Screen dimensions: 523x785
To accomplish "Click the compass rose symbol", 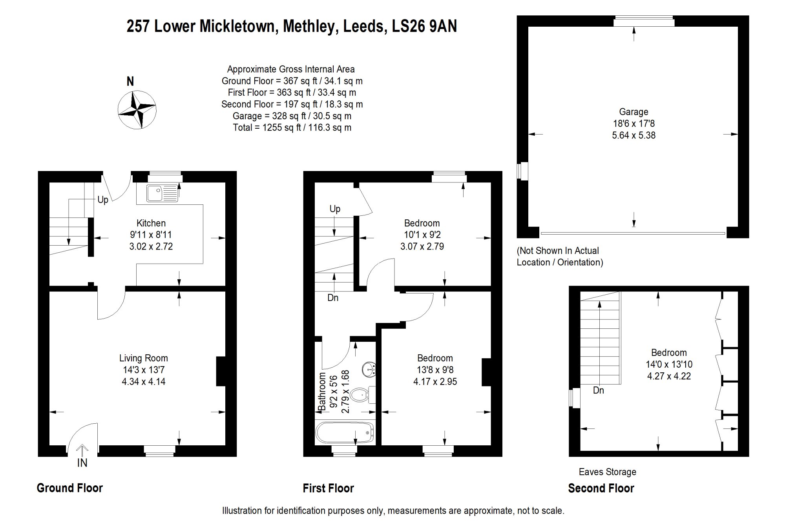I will [137, 109].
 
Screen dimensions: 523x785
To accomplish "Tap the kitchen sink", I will [162, 193].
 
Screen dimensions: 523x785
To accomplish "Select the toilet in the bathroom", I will [360, 394].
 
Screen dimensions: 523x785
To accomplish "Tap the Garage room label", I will [633, 112].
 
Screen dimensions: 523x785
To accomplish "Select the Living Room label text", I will [143, 358].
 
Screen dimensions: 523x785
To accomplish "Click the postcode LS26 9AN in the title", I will [424, 26].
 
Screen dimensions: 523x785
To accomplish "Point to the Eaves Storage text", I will [607, 472].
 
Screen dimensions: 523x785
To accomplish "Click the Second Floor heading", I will [601, 488].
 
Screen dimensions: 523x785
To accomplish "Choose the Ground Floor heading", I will [70, 488].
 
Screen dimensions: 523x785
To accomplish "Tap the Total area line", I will [292, 128].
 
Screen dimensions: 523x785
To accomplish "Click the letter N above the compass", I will [130, 81].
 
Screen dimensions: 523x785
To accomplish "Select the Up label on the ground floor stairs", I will [103, 200].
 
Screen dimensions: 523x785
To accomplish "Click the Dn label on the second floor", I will [598, 390].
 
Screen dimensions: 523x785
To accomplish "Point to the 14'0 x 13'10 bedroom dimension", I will [669, 364].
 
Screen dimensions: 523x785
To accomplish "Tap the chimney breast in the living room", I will [221, 371].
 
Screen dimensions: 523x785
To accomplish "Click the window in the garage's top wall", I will [644, 21].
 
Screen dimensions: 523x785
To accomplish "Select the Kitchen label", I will [151, 223].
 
